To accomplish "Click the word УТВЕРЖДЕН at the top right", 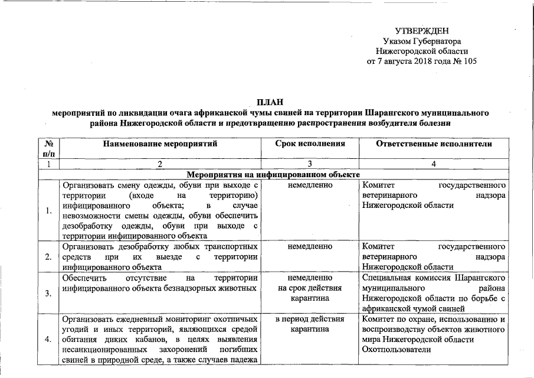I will (x=421, y=30).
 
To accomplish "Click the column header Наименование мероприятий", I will (x=160, y=144).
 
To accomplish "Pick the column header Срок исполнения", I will (x=310, y=144).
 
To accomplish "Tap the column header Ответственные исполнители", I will (x=434, y=144).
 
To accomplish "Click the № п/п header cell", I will (x=50, y=148).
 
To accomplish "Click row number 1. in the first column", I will (x=50, y=210).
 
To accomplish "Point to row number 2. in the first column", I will (x=50, y=256).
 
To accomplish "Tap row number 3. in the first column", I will (x=50, y=293).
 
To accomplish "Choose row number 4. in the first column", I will (x=50, y=339).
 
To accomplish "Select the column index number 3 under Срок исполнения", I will (x=310, y=165).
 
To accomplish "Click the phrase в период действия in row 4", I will (x=310, y=319).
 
